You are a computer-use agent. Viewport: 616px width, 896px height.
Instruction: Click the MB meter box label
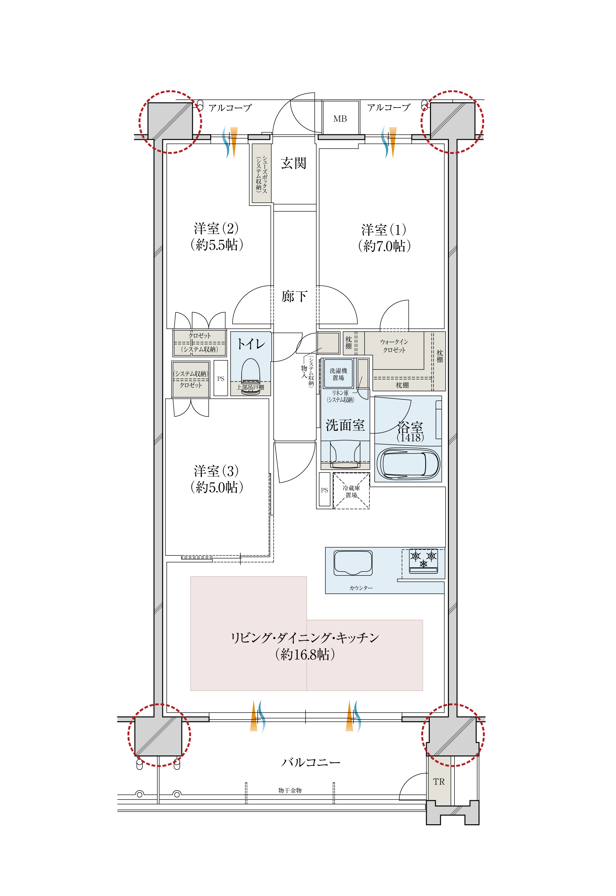(x=340, y=119)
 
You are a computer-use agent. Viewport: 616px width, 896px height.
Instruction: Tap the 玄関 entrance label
(x=294, y=163)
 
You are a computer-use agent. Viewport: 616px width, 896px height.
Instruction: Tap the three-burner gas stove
(x=423, y=560)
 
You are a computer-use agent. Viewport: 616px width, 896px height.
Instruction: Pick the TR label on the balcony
(x=439, y=782)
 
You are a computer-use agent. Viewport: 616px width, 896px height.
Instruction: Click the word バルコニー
(x=311, y=762)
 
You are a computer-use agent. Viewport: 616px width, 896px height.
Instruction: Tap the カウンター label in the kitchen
(x=361, y=588)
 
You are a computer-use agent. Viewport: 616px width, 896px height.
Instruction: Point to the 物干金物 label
(x=290, y=790)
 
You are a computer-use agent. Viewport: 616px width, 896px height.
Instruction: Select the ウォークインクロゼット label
(x=394, y=346)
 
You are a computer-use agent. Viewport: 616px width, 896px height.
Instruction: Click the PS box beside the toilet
(x=221, y=378)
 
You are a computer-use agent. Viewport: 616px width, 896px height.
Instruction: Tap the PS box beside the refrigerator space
(x=324, y=490)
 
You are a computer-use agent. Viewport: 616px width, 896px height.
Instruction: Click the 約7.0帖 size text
(x=384, y=246)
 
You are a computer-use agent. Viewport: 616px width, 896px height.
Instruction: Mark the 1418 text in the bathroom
(x=410, y=438)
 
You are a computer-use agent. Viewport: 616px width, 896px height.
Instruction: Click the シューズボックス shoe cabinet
(x=262, y=173)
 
